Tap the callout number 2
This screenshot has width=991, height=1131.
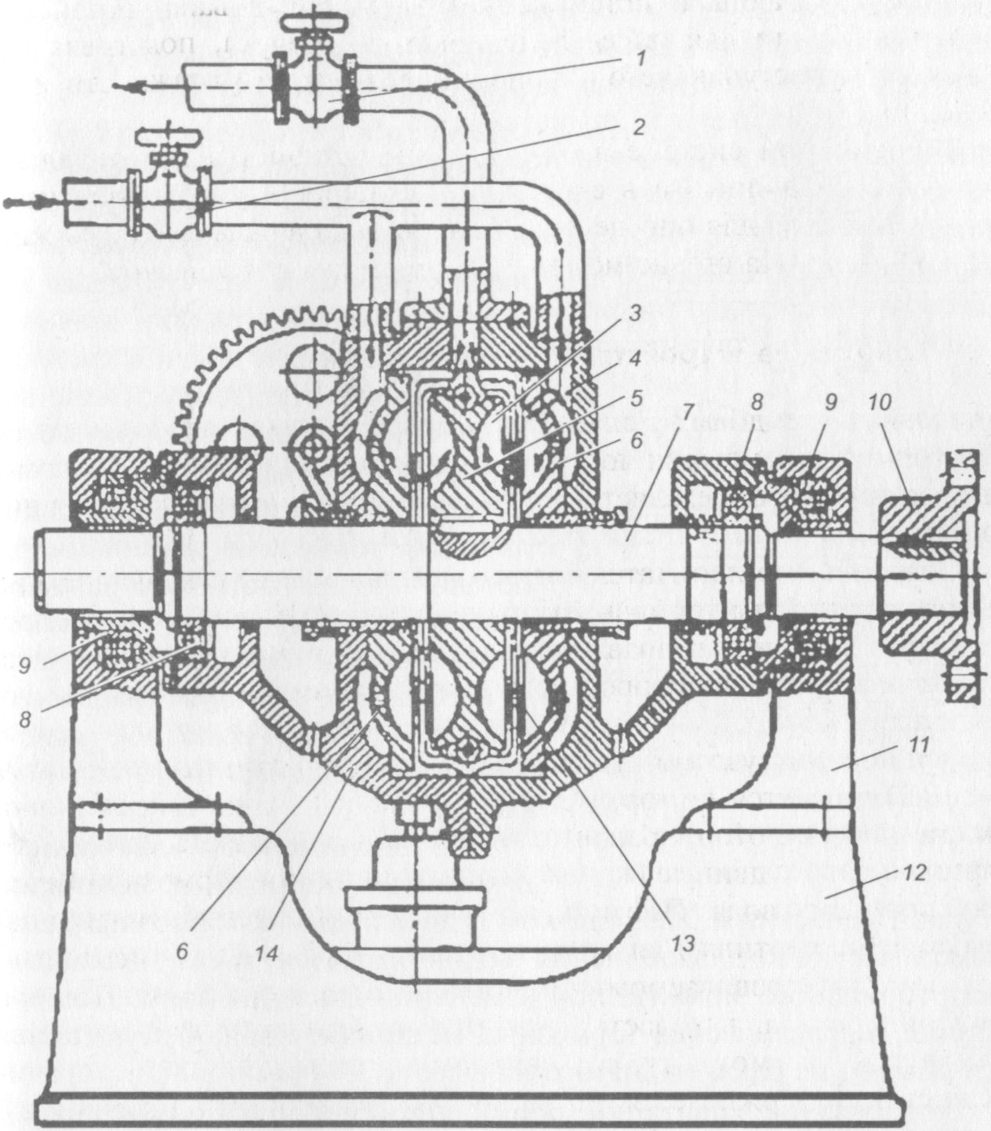(x=638, y=127)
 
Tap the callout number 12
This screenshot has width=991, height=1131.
(x=916, y=872)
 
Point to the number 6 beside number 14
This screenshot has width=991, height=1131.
(x=182, y=948)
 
